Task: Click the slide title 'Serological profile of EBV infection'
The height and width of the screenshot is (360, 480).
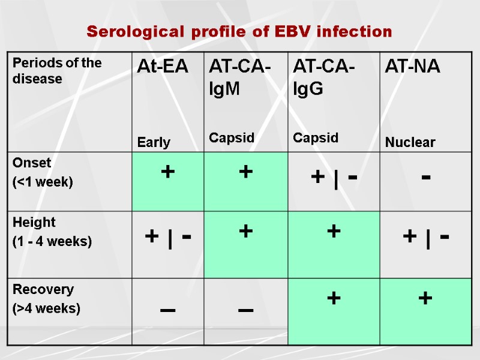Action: point(239,31)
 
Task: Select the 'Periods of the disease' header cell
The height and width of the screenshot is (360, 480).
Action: point(58,71)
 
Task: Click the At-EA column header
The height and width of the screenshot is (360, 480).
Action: point(163,67)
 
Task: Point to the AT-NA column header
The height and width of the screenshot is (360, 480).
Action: point(413,67)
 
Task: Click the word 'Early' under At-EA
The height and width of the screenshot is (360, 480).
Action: point(154,143)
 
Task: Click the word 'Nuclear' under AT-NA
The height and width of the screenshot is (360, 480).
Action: point(410,143)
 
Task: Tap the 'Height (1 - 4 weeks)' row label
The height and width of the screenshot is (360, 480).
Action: point(52,232)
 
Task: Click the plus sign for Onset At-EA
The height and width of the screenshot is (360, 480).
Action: point(167,172)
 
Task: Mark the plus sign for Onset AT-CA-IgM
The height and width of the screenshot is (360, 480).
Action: point(245,172)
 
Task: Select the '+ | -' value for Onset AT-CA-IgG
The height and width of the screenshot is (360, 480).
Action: point(334,178)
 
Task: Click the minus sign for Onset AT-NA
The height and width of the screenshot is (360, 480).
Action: point(425,178)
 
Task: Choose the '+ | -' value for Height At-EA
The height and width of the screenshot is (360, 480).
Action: point(169,238)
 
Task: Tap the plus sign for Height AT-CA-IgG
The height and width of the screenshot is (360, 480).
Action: point(334,231)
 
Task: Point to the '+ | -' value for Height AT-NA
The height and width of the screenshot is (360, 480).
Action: point(427,238)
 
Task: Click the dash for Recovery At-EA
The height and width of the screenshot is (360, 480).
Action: point(168,309)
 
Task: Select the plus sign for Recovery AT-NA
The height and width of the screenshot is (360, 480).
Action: point(425,298)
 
